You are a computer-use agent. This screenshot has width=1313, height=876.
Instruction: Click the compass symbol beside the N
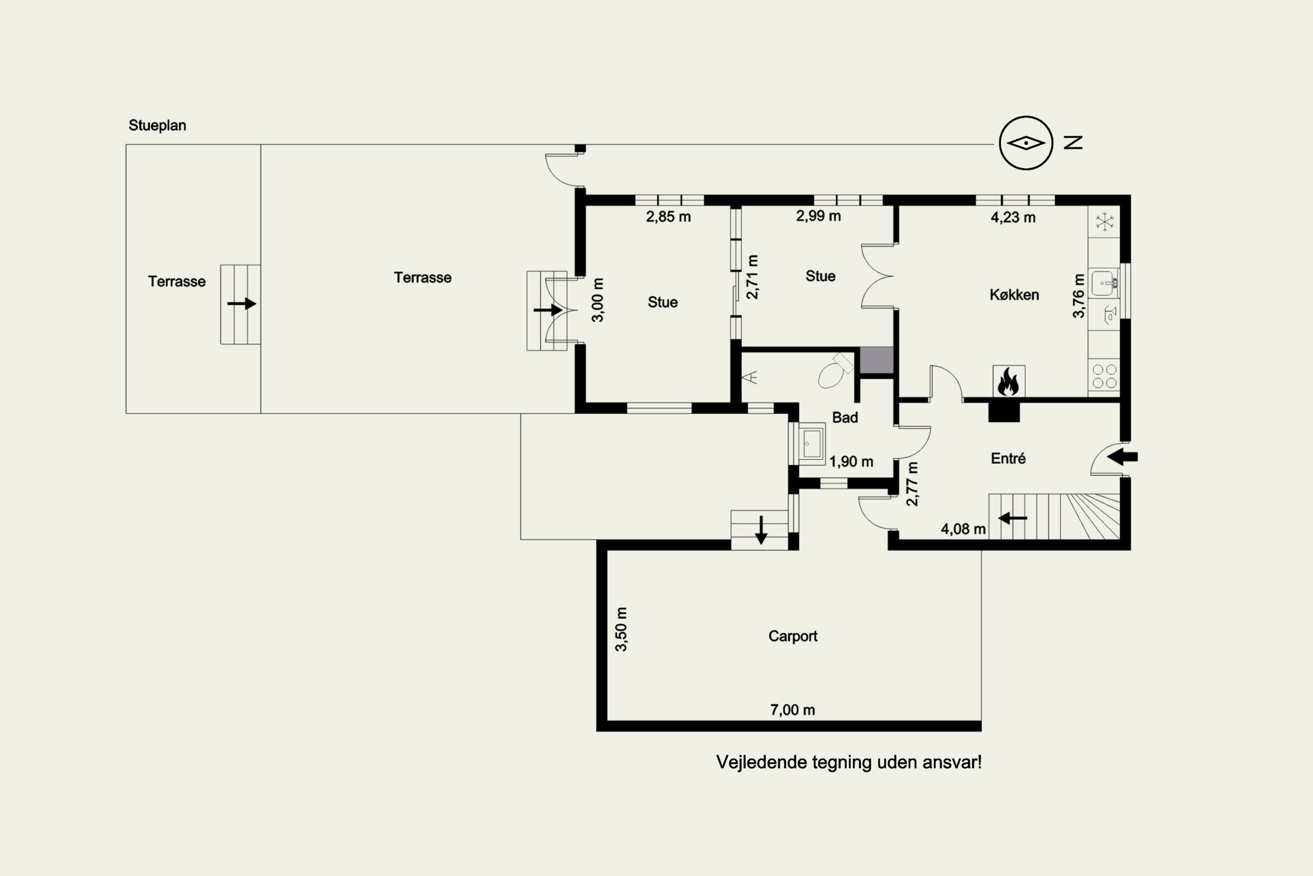point(1025,143)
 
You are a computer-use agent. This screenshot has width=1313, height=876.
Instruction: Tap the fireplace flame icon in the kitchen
point(1008,381)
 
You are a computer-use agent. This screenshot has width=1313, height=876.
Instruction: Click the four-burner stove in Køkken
point(1104,376)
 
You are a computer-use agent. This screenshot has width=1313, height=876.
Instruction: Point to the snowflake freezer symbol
point(1104,222)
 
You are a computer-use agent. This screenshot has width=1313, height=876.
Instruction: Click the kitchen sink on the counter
point(1104,283)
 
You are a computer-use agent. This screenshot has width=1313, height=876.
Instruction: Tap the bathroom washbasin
point(811,444)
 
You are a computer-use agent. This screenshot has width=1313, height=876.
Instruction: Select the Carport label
point(793,636)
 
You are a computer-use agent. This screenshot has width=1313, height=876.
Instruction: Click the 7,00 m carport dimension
point(793,710)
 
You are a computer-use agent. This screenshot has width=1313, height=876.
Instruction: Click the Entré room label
point(1008,459)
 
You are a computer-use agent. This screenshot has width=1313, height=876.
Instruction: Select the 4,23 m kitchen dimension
point(1013,217)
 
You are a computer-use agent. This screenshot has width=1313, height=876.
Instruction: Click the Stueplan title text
point(158,125)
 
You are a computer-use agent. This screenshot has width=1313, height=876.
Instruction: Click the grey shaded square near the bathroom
point(877,360)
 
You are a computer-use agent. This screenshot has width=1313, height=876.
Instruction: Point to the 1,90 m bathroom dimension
point(851,462)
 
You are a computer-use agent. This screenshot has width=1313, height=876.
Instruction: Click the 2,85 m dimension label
point(668,217)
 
